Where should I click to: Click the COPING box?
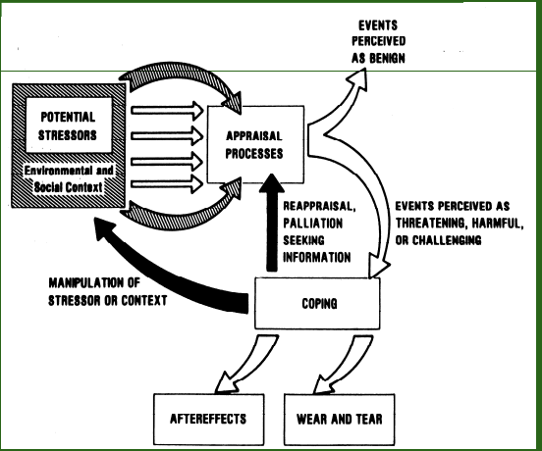[317, 303]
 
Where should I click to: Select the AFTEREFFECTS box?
[209, 420]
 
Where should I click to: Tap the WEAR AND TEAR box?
[340, 420]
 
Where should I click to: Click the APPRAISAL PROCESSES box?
[255, 144]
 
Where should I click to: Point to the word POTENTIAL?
[68, 117]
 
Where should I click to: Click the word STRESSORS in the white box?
[68, 135]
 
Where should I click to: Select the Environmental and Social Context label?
[69, 178]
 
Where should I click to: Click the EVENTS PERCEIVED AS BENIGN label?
[378, 42]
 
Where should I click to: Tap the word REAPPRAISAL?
[319, 206]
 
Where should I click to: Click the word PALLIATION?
[313, 224]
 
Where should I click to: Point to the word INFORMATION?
[317, 258]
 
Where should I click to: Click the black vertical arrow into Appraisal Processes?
[272, 223]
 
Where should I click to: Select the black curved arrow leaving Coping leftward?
[162, 273]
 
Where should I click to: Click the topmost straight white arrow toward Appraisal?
[167, 111]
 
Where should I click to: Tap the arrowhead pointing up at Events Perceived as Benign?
[358, 77]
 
